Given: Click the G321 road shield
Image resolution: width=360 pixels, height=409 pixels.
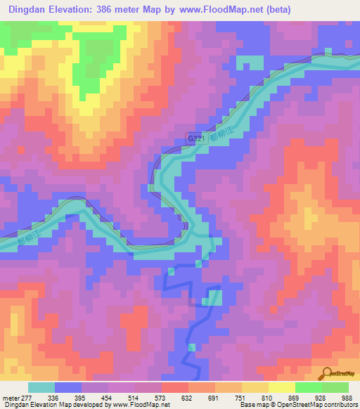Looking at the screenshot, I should [196, 139].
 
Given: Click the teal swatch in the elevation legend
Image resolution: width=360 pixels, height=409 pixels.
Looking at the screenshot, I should [41, 387].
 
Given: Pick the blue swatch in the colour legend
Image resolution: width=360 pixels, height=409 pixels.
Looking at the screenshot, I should [68, 387].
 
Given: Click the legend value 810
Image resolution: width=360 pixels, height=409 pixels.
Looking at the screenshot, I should [266, 397].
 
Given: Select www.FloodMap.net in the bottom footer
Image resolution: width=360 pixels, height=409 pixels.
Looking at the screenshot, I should [145, 405].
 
